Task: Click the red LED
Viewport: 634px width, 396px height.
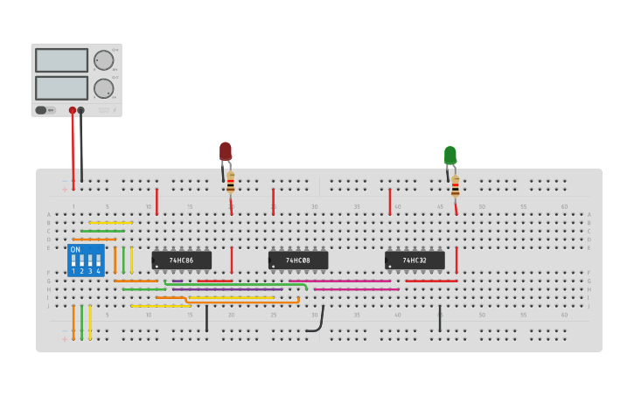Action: (226, 151)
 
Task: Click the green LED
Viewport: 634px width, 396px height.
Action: (449, 156)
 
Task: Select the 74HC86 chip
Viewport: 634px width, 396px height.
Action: (182, 260)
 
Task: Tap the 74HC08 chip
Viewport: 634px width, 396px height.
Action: (298, 260)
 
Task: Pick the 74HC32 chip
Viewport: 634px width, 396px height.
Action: (415, 260)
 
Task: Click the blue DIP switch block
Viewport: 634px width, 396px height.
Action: (86, 261)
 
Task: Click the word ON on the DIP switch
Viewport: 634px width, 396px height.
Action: (75, 250)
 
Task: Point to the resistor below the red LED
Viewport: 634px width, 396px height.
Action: (231, 183)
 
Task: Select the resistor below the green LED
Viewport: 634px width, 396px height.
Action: (455, 186)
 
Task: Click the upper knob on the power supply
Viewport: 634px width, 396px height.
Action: (103, 60)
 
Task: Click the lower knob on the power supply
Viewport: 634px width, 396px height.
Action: (103, 88)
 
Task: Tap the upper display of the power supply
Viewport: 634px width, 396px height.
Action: (61, 60)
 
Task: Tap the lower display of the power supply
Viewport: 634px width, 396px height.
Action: (61, 88)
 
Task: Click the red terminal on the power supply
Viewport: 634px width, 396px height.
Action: (73, 111)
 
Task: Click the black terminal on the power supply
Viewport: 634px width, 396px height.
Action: (81, 111)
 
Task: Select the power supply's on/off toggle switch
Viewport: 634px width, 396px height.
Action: (41, 110)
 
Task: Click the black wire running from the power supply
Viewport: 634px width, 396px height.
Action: (81, 149)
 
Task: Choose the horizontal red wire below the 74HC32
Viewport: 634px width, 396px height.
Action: (430, 281)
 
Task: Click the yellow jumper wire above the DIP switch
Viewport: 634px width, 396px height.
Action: (110, 223)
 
